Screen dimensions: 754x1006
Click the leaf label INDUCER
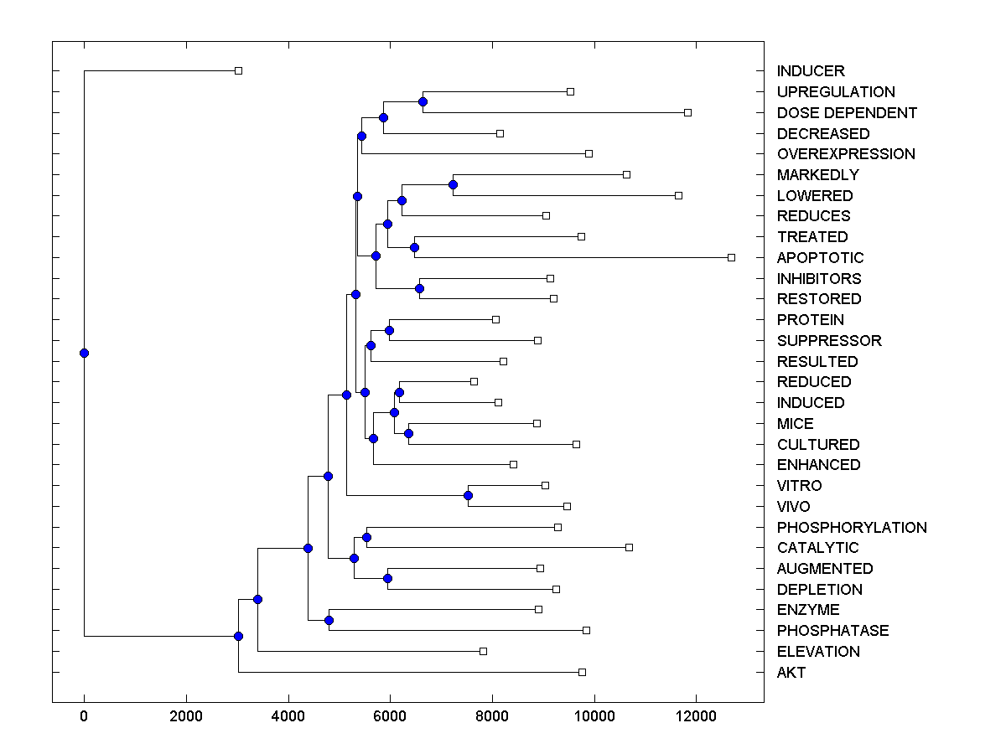(x=811, y=71)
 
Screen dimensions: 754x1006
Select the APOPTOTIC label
(x=820, y=258)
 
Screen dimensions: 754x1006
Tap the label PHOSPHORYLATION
(x=852, y=528)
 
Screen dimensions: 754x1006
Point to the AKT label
(x=791, y=673)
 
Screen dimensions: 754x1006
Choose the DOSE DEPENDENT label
(x=847, y=113)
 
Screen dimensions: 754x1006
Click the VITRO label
(x=799, y=486)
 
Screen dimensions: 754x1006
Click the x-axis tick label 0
(x=84, y=716)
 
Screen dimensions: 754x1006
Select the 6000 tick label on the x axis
(x=390, y=716)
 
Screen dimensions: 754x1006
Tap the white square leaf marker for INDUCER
(x=238, y=70)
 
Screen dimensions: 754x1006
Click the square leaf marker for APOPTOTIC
(x=731, y=257)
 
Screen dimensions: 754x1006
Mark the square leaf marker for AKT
(x=582, y=672)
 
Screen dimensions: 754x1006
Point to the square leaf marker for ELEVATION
(x=483, y=651)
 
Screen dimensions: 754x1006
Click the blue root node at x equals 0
(x=84, y=353)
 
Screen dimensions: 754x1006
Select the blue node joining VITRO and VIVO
(x=468, y=496)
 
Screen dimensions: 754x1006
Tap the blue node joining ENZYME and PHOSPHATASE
(x=329, y=620)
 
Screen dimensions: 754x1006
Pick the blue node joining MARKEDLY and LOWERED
(x=453, y=184)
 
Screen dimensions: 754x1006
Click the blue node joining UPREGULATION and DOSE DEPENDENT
(x=423, y=101)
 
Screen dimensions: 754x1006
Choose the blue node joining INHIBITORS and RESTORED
(x=419, y=288)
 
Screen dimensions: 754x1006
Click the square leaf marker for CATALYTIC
(x=629, y=547)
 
